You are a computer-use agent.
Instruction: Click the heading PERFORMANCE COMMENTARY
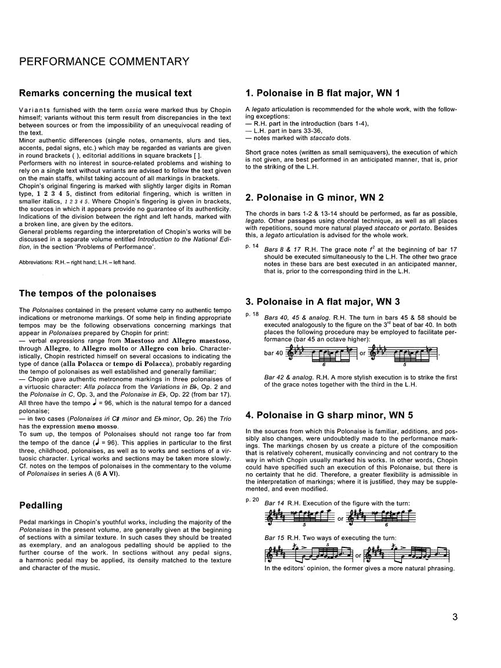104,61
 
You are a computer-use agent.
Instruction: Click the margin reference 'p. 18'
252,314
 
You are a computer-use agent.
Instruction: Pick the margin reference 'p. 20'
252,499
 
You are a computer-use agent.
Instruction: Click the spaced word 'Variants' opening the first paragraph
33,110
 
